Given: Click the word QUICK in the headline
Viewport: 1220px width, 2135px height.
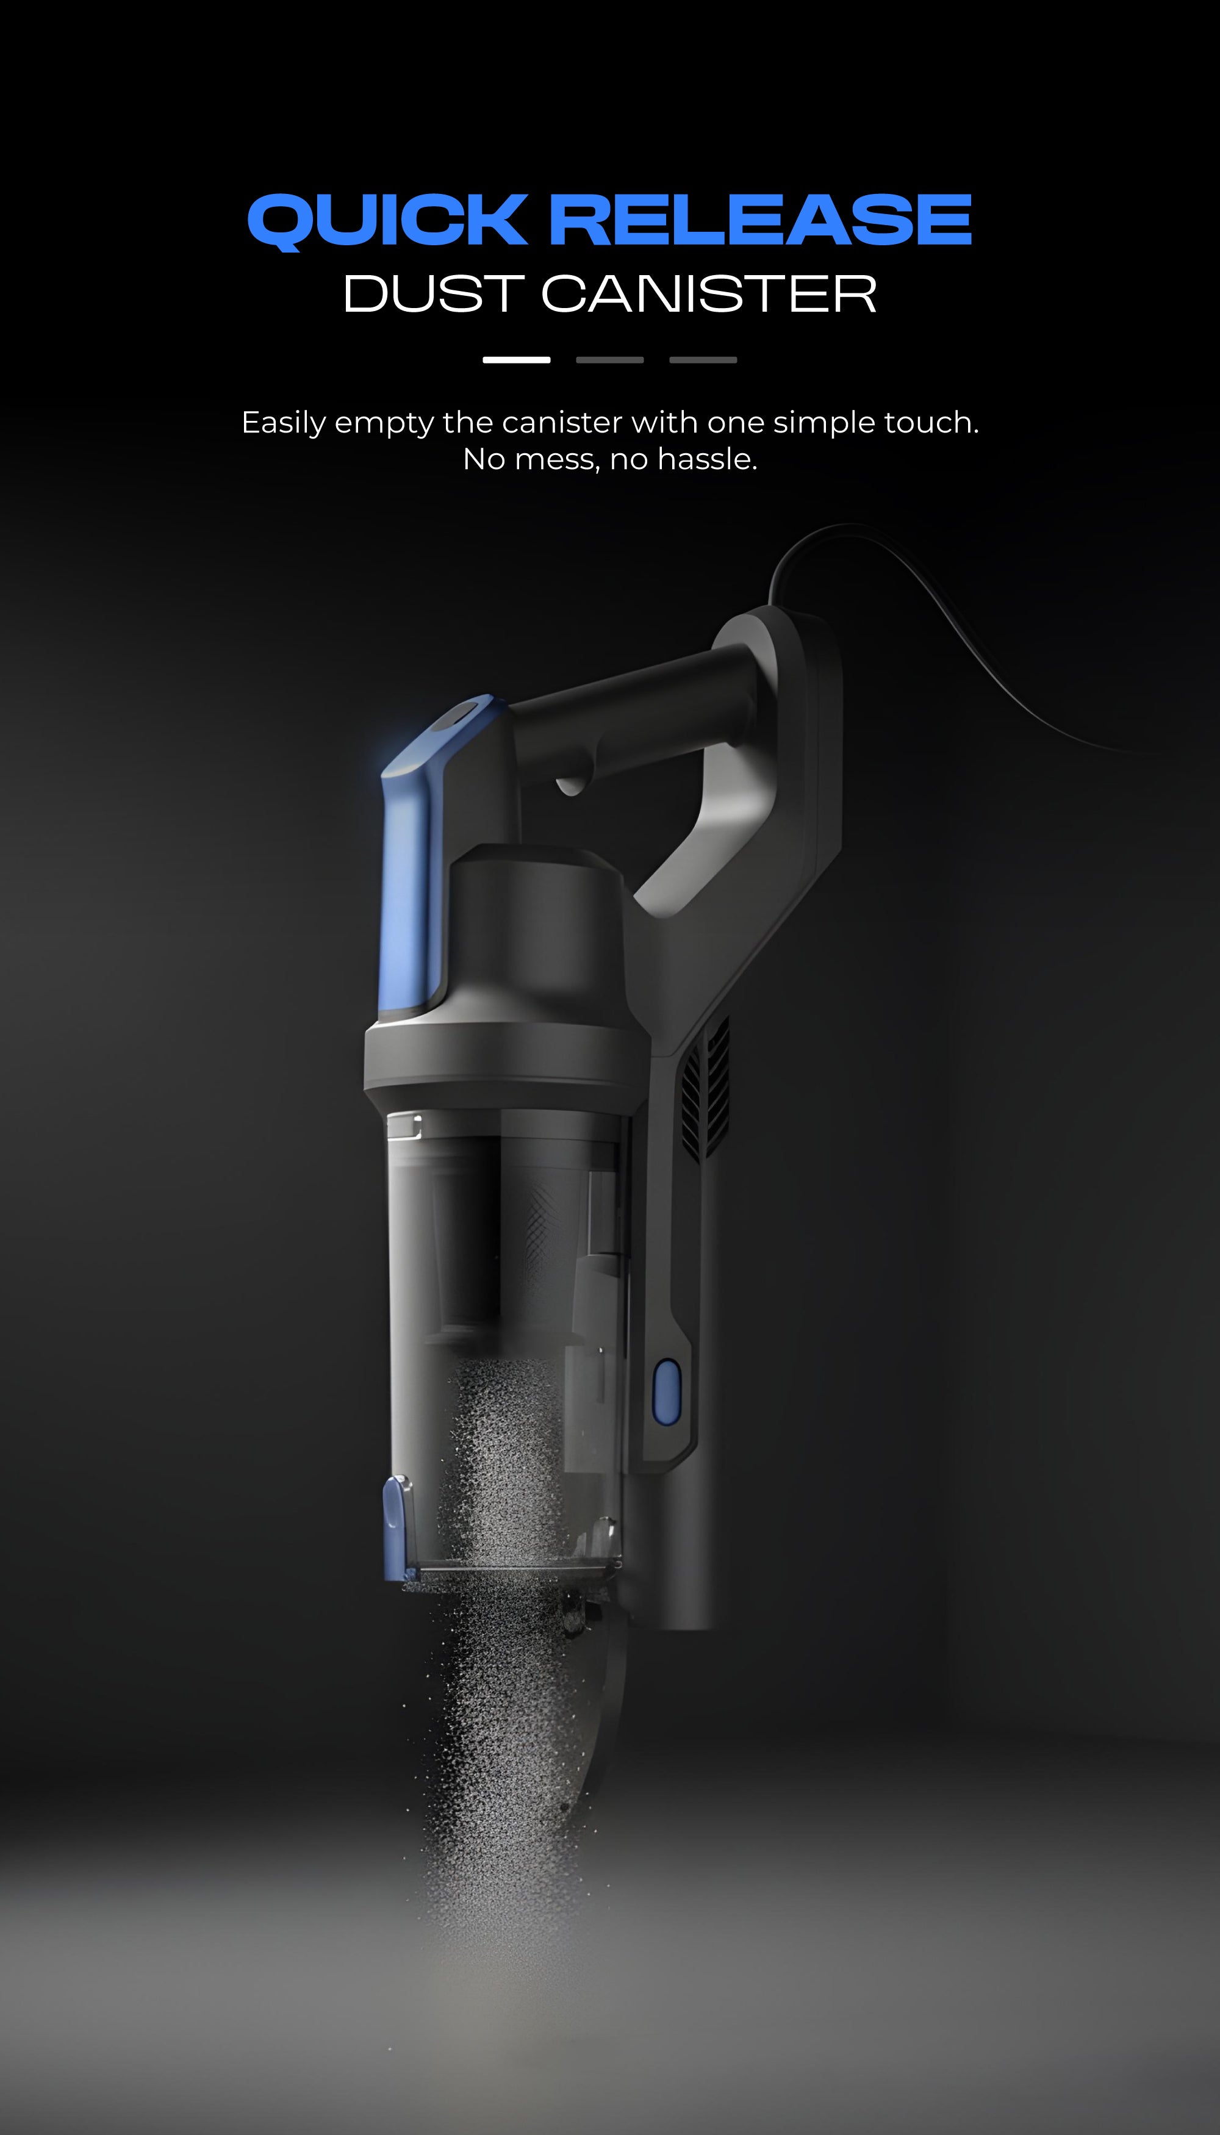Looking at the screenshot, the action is [x=387, y=220].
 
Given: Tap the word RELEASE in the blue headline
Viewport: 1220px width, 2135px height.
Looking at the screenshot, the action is [x=760, y=220].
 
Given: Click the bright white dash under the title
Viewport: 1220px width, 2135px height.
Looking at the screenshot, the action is [x=516, y=359].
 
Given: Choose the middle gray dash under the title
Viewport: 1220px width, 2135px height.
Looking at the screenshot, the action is [x=609, y=359].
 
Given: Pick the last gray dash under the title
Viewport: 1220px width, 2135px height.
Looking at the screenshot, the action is [x=703, y=359].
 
